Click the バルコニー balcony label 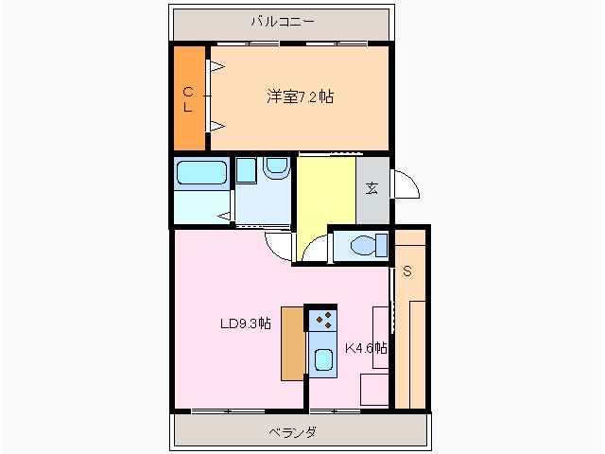[283, 21]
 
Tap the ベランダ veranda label [293, 432]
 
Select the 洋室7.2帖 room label [300, 96]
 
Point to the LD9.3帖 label [246, 323]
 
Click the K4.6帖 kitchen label [366, 348]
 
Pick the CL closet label [188, 99]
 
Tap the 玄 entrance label [372, 188]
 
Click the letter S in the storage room [407, 271]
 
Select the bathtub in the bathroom [201, 172]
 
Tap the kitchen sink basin [323, 359]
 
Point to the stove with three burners [323, 320]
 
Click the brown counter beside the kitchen [293, 343]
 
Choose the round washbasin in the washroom [277, 166]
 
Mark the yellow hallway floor [326, 197]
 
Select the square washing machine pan [246, 170]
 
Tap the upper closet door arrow [217, 66]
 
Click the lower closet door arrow [217, 126]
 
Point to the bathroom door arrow [224, 216]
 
